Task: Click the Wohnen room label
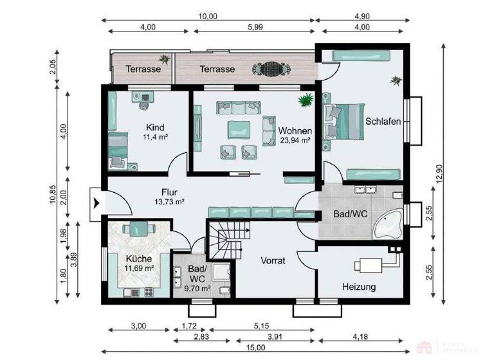click(295, 130)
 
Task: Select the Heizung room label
click(359, 287)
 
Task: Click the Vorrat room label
click(273, 260)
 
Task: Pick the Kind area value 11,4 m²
click(155, 136)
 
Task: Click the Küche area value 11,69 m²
click(139, 268)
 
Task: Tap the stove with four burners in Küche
click(147, 292)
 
